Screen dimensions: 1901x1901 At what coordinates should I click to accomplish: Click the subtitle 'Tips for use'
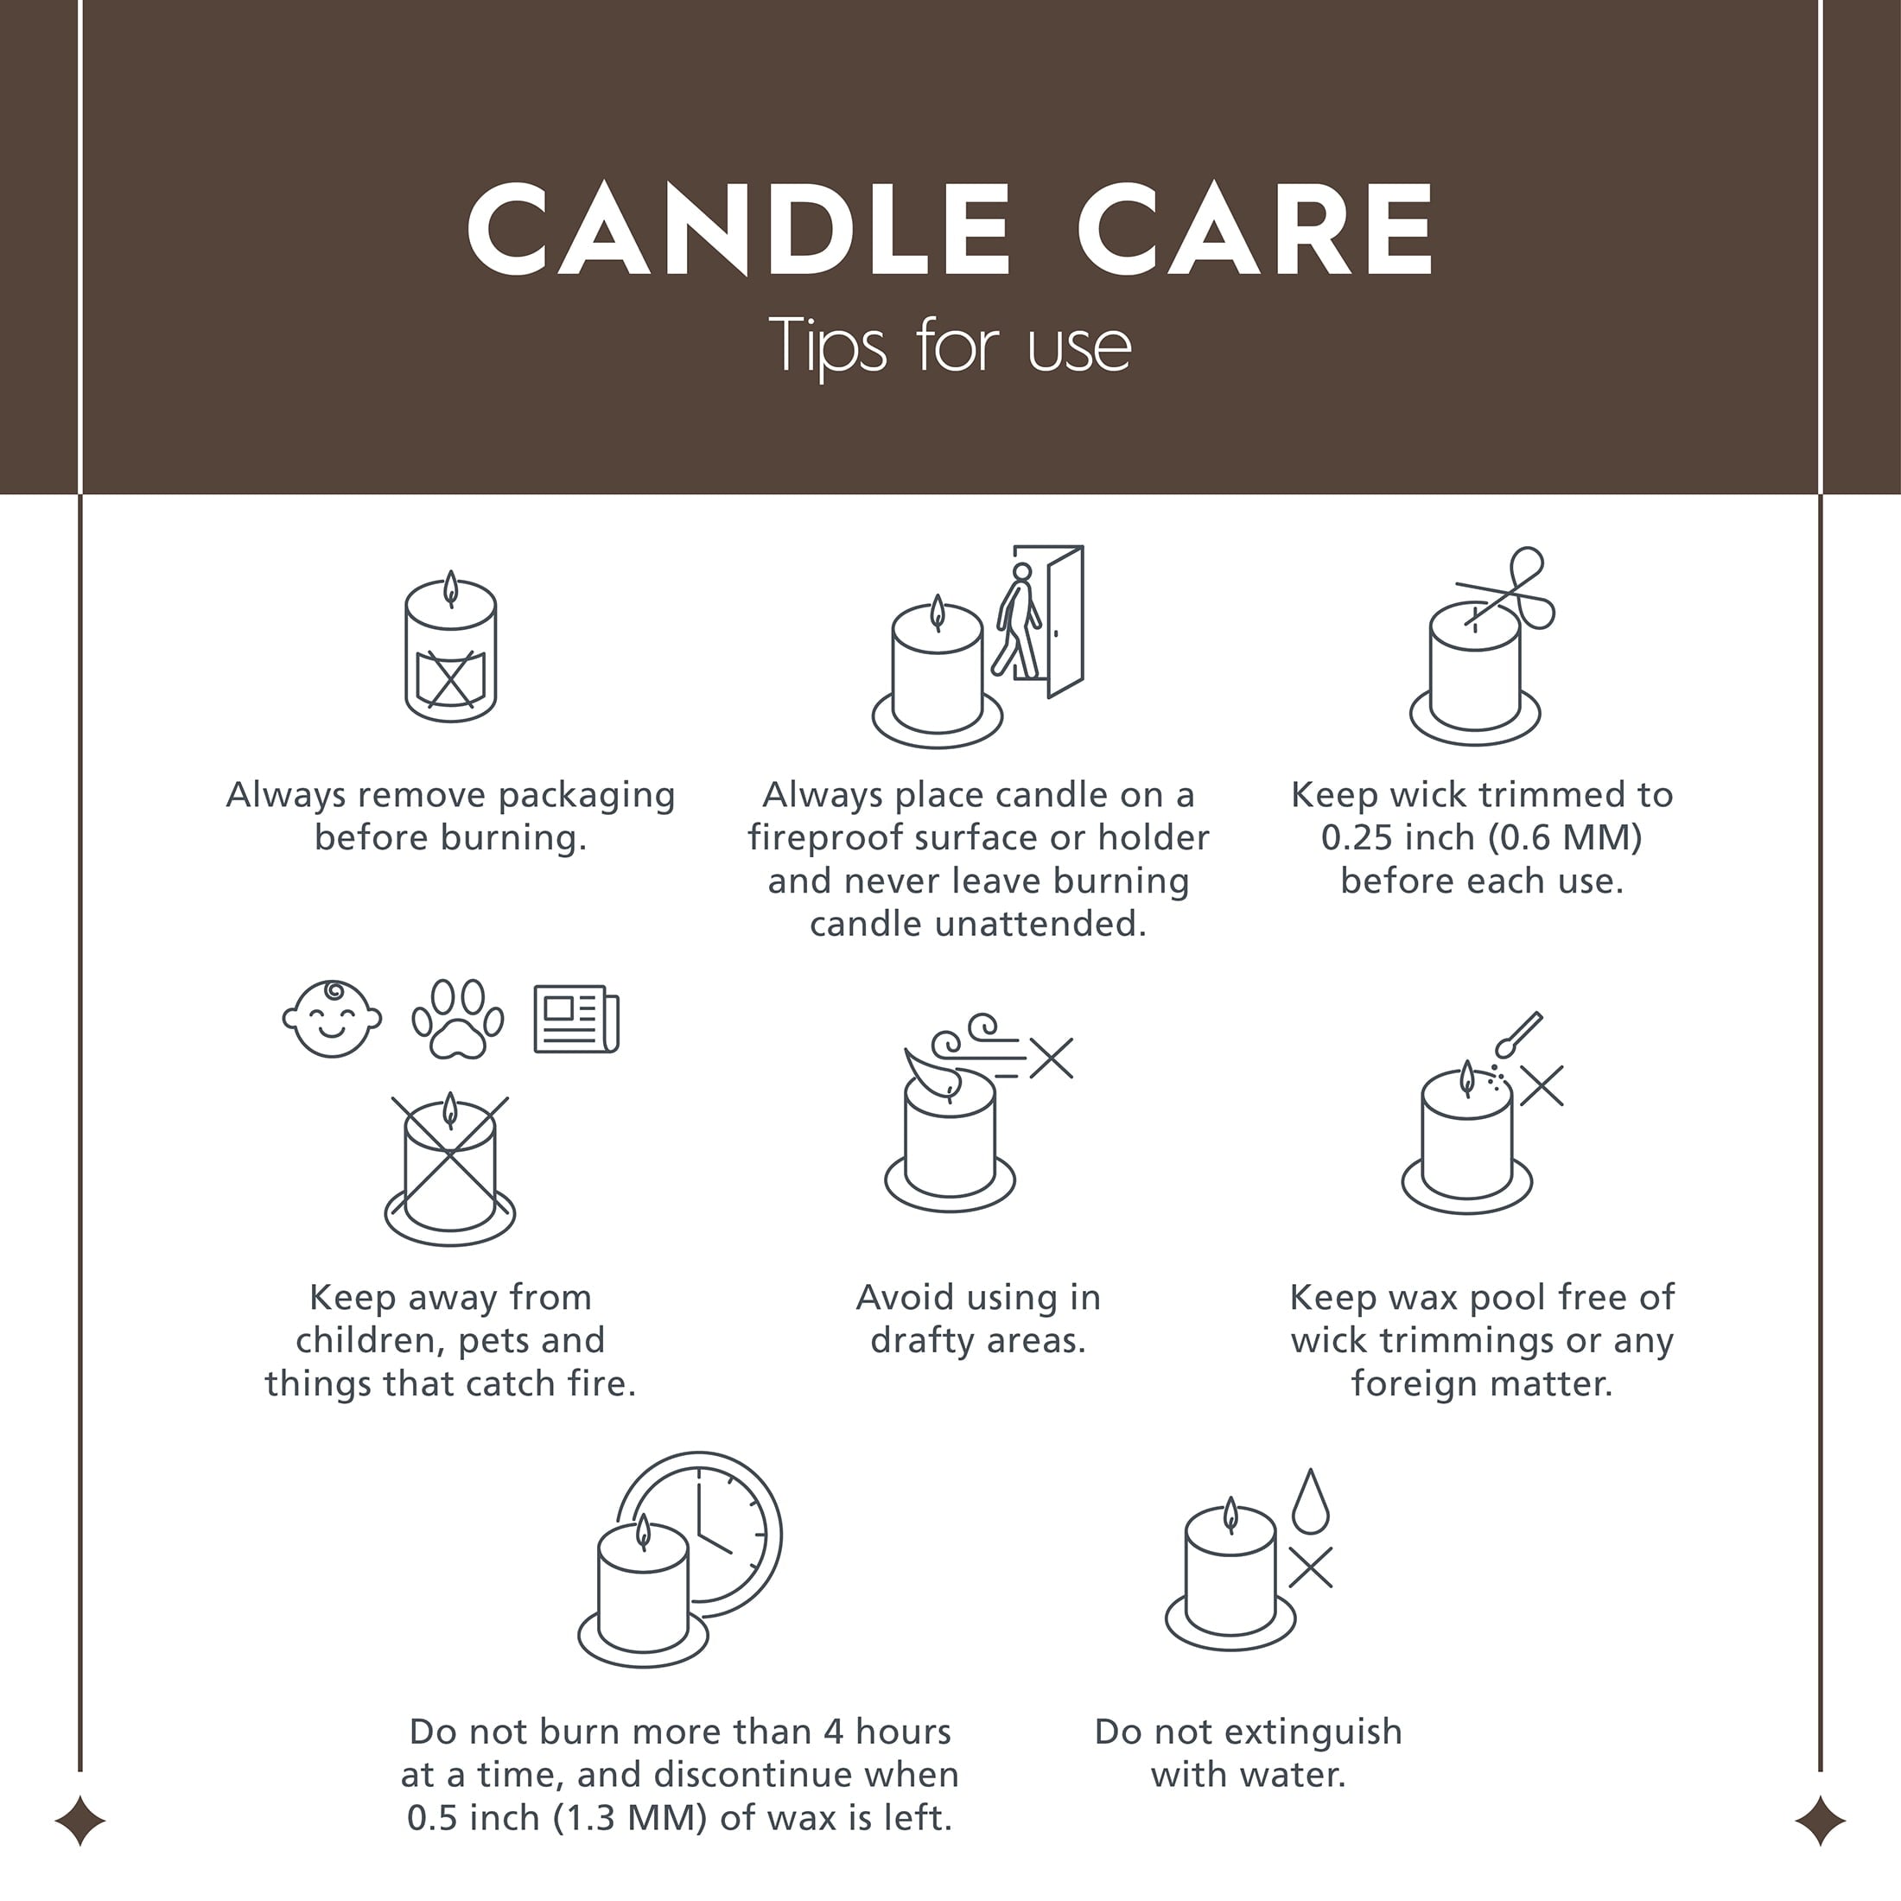point(950,347)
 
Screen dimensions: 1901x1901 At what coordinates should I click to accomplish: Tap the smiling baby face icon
point(332,1019)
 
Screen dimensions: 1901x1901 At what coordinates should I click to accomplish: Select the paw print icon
point(458,1019)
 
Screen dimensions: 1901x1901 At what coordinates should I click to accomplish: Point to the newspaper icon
point(576,1019)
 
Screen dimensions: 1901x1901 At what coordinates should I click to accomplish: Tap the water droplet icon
point(1311,1502)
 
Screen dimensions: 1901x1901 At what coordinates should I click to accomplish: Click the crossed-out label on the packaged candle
point(449,678)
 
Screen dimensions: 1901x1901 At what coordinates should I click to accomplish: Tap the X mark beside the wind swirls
point(1052,1059)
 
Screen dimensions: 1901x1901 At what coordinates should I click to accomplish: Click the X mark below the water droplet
point(1311,1567)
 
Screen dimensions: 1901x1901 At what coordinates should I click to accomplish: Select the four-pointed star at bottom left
point(79,1821)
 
